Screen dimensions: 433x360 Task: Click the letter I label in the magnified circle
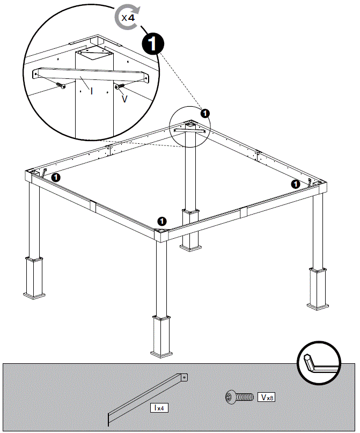point(92,91)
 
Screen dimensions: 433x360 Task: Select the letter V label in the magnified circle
point(124,99)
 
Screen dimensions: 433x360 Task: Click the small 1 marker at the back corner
point(205,113)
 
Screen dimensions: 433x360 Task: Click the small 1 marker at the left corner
point(55,176)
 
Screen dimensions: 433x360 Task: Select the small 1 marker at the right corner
point(295,184)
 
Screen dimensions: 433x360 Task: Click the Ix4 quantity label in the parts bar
point(159,408)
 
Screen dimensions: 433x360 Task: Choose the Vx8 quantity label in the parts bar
point(267,398)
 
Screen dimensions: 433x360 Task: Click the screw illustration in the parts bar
point(239,398)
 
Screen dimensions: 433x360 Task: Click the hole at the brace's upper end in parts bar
point(184,378)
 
